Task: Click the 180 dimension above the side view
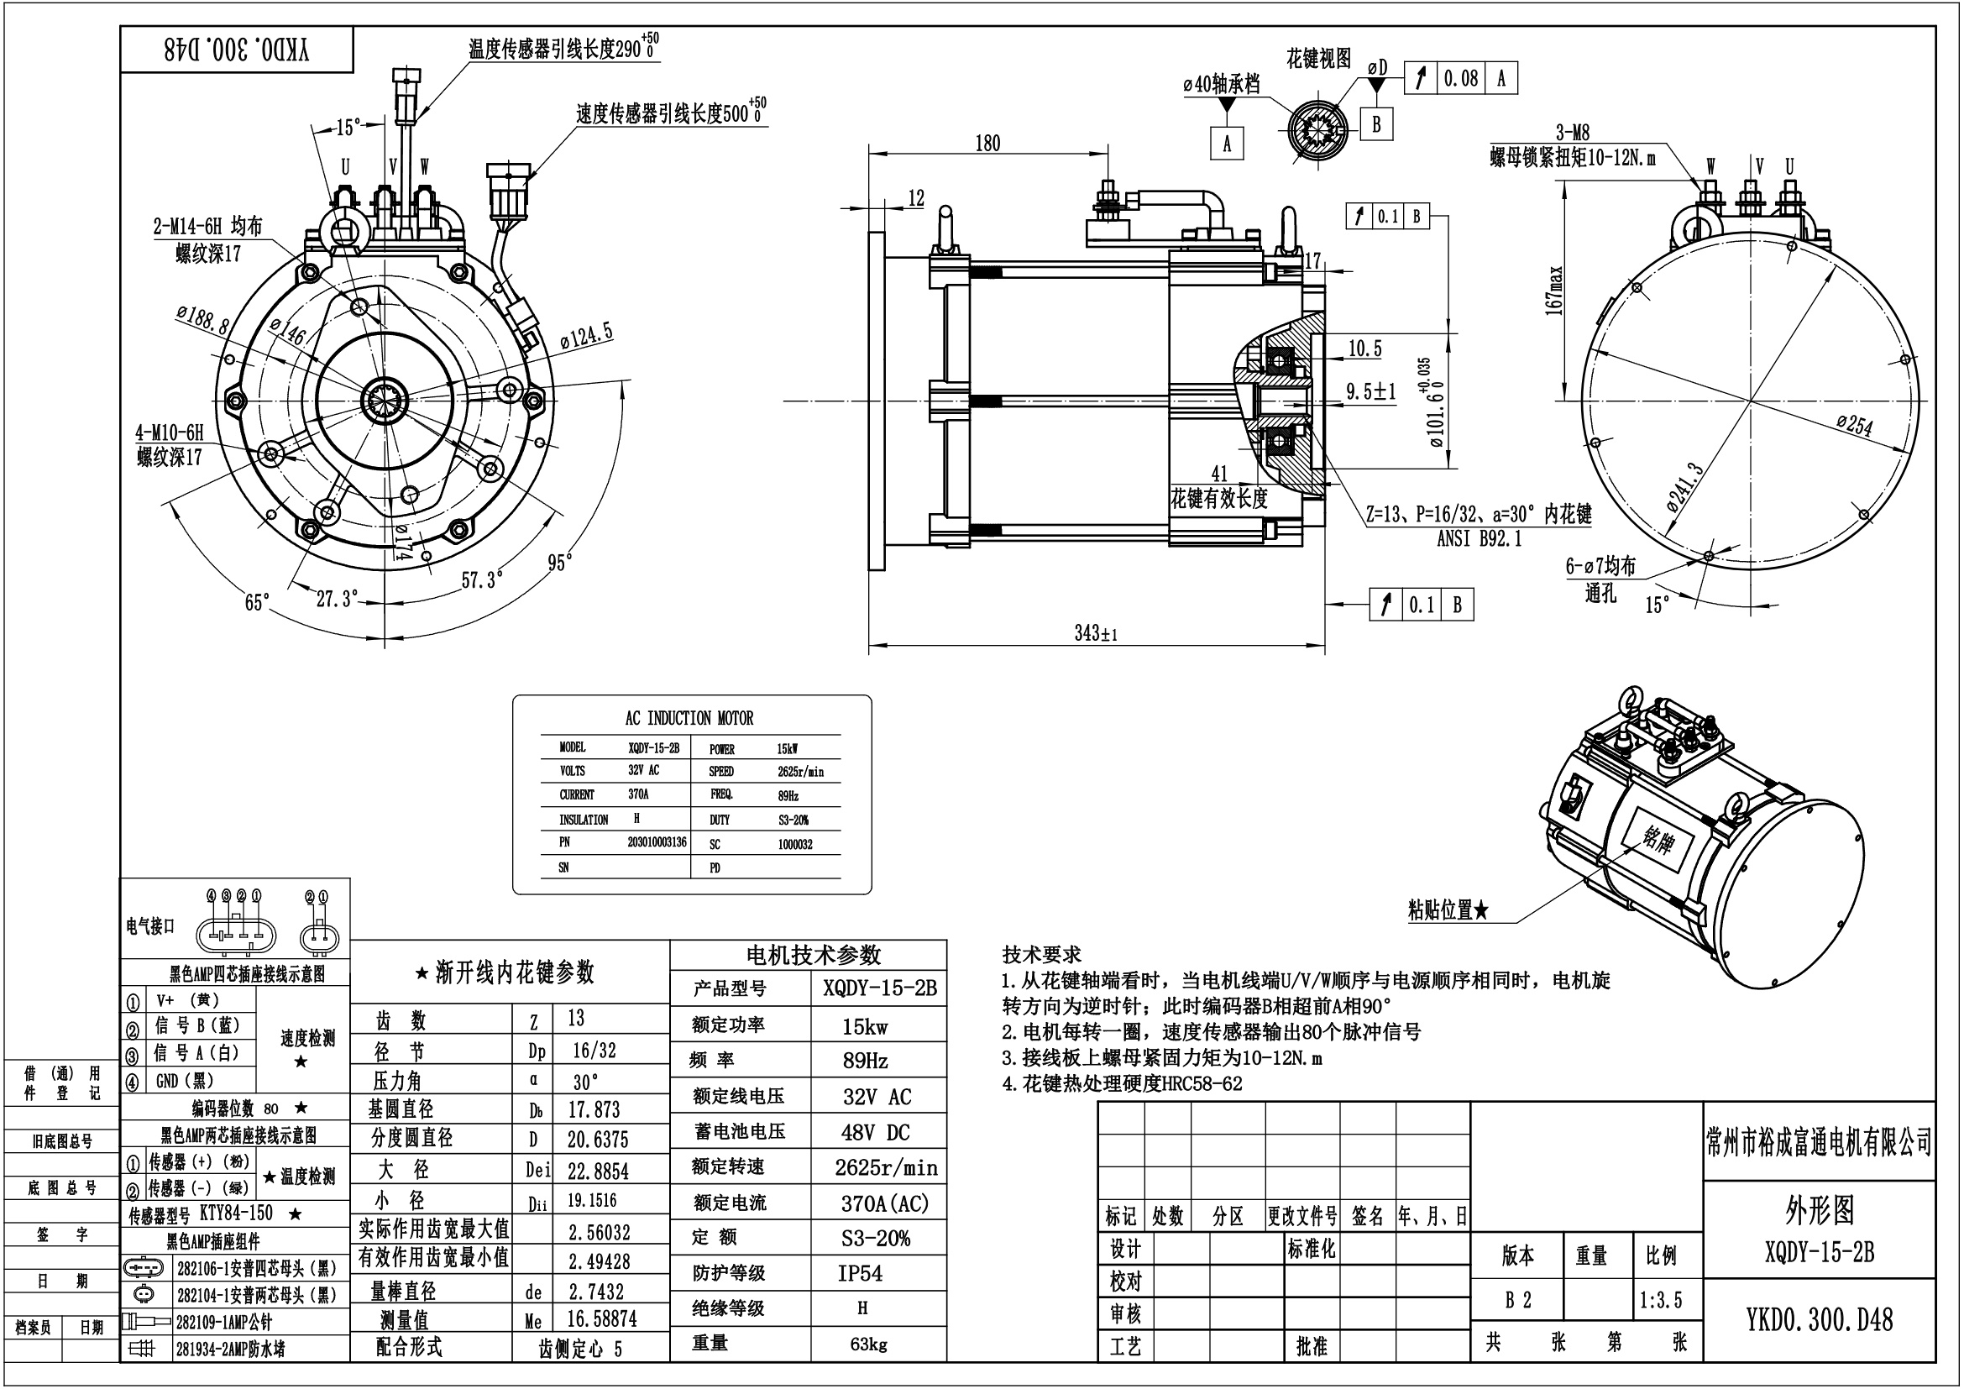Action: (x=987, y=143)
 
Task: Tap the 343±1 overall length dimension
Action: (x=1096, y=633)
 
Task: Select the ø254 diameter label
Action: (x=1855, y=423)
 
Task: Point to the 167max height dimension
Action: (x=1554, y=291)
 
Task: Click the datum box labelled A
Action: (x=1227, y=143)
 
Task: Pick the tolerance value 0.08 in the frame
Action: (x=1461, y=79)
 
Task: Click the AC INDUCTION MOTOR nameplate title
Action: (x=689, y=717)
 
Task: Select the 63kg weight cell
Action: (x=868, y=1344)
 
